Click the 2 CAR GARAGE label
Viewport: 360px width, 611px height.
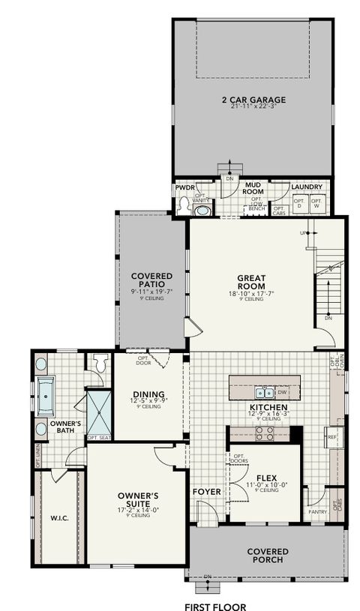coord(242,99)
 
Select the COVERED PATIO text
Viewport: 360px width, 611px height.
coord(152,281)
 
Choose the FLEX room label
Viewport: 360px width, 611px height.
coord(267,478)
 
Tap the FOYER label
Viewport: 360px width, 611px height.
coord(207,492)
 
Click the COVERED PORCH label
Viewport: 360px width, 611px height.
coord(268,556)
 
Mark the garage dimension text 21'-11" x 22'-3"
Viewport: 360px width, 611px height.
coord(242,107)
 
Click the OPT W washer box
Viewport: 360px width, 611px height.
coord(316,202)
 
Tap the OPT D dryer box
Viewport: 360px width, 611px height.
coord(298,202)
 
